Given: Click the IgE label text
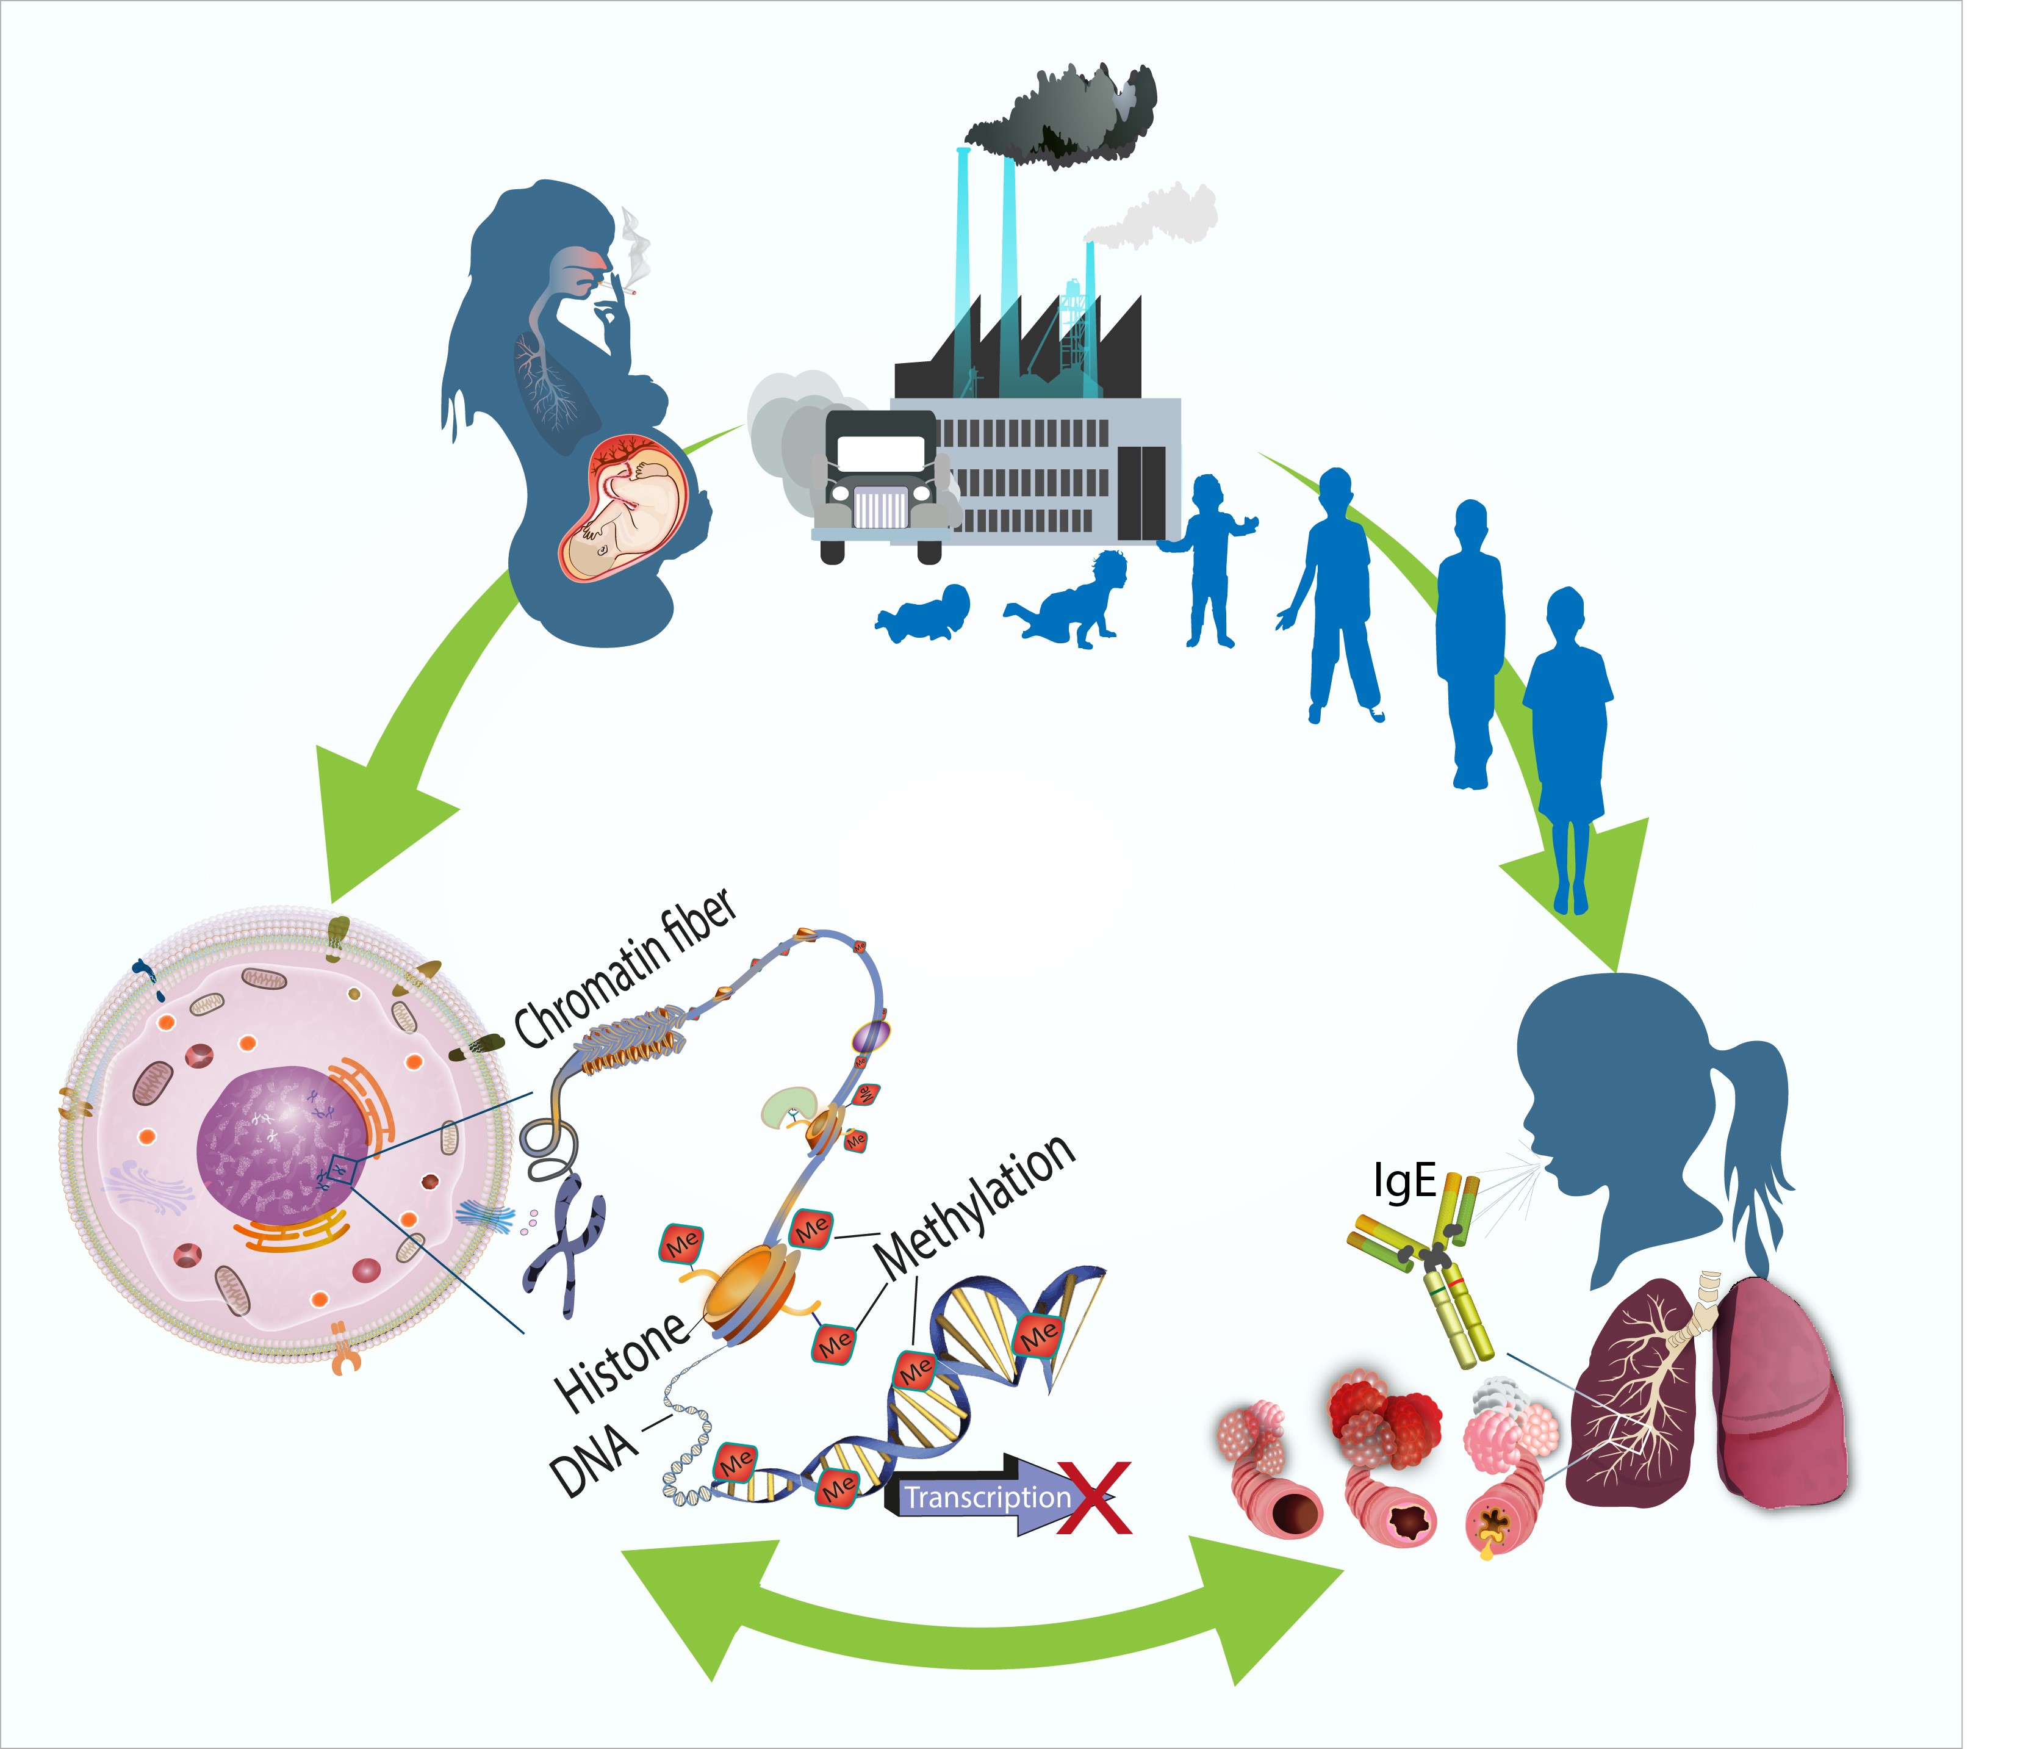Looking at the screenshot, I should [1404, 1181].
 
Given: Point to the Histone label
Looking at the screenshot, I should [622, 1360].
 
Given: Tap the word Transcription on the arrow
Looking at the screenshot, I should [986, 1497].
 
